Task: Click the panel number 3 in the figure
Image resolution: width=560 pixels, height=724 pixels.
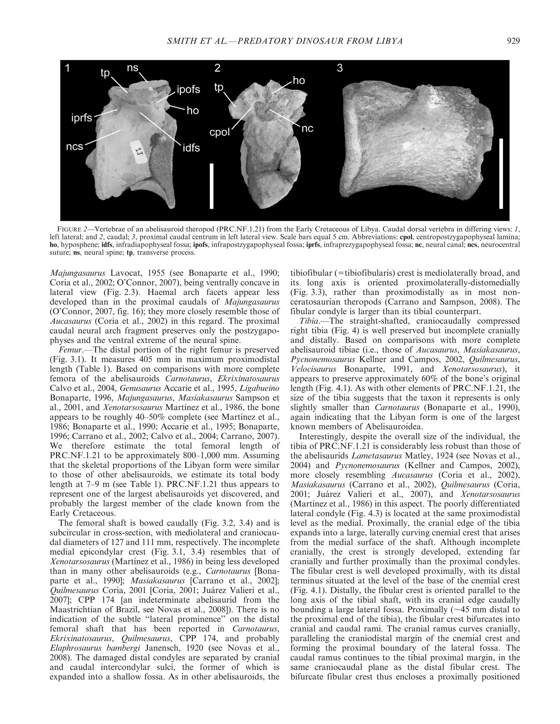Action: click(339, 68)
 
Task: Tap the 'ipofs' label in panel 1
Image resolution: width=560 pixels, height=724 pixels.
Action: click(188, 90)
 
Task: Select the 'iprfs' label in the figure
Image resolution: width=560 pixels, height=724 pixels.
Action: click(81, 117)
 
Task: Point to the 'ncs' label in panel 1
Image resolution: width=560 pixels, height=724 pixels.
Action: click(74, 146)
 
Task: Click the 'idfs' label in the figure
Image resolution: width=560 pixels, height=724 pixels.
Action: click(191, 148)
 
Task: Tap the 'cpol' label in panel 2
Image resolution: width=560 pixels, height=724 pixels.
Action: click(220, 132)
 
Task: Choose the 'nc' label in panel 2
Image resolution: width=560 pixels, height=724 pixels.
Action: click(307, 129)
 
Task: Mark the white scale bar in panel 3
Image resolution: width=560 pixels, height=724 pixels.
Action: click(501, 174)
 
